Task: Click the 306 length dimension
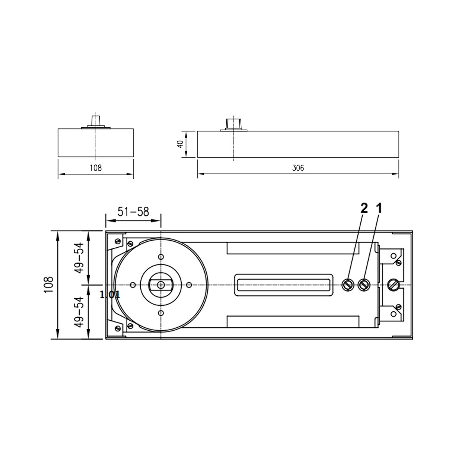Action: click(x=298, y=168)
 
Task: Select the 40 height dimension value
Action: click(x=180, y=145)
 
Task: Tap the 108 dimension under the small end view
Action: click(x=96, y=168)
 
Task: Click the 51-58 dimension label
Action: click(x=133, y=212)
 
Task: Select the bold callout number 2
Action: click(x=364, y=209)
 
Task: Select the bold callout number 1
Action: click(x=379, y=209)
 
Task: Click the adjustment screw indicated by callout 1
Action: click(x=364, y=285)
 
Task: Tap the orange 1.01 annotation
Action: click(x=110, y=294)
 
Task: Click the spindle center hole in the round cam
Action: click(x=161, y=285)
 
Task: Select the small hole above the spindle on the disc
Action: click(x=161, y=257)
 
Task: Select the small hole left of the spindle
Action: click(x=133, y=285)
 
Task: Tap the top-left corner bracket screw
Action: click(x=118, y=241)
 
